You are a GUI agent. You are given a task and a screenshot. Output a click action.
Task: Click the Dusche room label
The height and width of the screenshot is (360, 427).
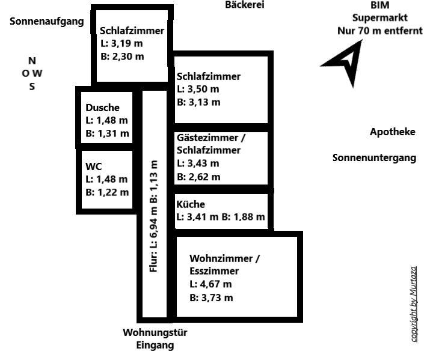(x=102, y=108)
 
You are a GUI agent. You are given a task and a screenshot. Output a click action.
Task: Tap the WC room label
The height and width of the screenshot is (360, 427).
(x=93, y=166)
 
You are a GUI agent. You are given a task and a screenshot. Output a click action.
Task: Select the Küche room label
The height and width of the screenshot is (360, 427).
(x=191, y=204)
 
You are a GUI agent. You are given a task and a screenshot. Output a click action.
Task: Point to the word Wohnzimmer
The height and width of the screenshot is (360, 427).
(x=221, y=258)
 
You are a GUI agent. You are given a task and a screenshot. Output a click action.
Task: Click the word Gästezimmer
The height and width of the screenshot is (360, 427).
(x=207, y=138)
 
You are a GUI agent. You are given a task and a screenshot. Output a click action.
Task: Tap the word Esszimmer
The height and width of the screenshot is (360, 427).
(x=214, y=271)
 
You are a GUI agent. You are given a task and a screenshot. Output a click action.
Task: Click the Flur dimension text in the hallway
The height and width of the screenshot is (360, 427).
(x=153, y=216)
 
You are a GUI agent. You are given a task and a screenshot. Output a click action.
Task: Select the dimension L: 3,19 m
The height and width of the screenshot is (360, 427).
(x=121, y=43)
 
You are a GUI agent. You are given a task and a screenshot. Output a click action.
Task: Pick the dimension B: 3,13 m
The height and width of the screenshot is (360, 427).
(x=198, y=102)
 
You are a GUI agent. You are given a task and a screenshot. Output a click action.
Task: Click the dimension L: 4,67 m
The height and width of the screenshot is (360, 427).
(x=210, y=284)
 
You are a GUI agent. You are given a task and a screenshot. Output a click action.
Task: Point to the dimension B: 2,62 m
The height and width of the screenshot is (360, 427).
(x=198, y=177)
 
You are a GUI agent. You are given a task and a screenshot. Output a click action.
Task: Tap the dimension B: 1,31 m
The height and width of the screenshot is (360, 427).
(x=107, y=133)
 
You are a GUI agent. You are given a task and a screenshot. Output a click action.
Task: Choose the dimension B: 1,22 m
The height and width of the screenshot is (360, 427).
(x=107, y=192)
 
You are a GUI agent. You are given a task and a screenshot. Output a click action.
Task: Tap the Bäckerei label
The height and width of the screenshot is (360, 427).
(x=245, y=5)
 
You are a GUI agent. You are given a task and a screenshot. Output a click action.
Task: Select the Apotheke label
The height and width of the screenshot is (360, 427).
(x=392, y=132)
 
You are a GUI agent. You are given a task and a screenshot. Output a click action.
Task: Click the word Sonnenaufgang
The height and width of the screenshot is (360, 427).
(x=47, y=22)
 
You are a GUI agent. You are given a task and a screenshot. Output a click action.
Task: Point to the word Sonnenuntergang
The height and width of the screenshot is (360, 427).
(x=374, y=158)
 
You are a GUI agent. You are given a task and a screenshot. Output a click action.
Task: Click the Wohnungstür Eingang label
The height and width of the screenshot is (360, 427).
(x=155, y=339)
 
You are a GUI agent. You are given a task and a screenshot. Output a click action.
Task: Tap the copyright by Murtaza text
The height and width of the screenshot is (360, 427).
(x=413, y=304)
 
